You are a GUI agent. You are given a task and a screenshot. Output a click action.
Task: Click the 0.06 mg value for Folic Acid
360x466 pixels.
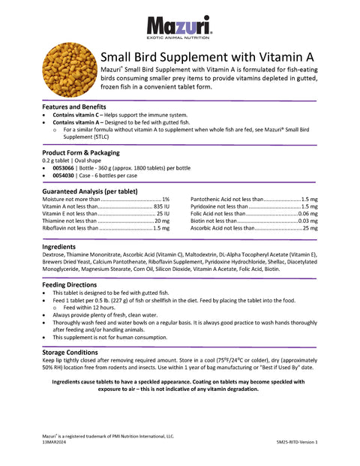(x=307, y=214)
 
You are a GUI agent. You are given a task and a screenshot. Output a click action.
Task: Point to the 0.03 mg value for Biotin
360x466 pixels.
(x=307, y=221)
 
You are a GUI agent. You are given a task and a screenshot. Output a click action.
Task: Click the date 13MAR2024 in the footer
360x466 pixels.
(x=55, y=443)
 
